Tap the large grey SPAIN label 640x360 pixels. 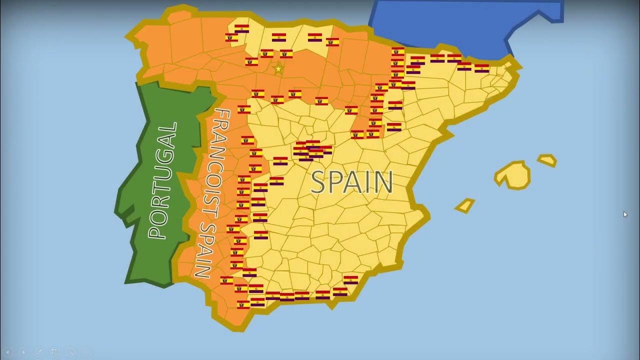pos(351,182)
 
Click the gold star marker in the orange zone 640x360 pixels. pos(278,69)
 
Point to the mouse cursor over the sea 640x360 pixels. pos(624,214)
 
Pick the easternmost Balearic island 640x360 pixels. pos(547,160)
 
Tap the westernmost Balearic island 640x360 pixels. pos(465,205)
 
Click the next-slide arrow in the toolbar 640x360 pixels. pos(23,352)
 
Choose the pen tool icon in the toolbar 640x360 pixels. pos(39,352)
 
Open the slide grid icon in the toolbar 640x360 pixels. pos(54,352)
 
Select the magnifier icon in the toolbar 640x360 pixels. pos(70,352)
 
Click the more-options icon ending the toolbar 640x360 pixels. pos(86,352)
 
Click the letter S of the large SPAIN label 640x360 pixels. pos(319,182)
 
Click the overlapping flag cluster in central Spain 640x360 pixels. pos(312,149)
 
